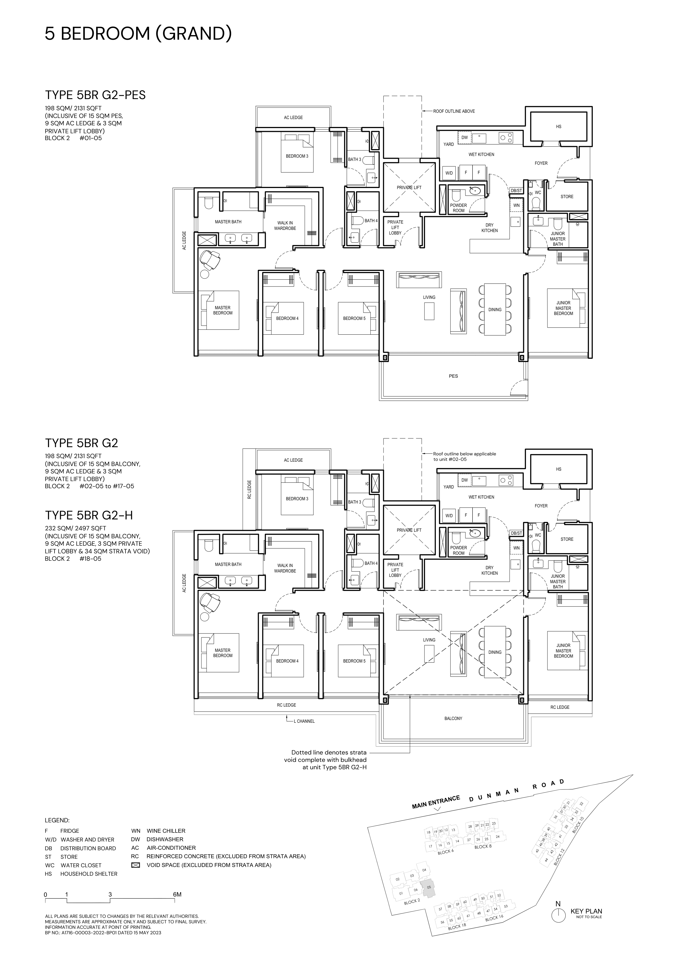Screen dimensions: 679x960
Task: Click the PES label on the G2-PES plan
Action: pos(453,376)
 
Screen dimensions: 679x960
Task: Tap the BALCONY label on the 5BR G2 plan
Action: pos(453,718)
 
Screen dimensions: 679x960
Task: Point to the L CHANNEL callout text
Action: pos(304,721)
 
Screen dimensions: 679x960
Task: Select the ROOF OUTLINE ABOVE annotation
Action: pos(454,111)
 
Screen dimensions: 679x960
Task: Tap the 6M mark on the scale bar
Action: pos(177,895)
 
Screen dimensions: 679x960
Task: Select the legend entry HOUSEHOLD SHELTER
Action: pos(89,874)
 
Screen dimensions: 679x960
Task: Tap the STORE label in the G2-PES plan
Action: pos(567,196)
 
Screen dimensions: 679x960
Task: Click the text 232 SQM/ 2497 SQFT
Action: pos(75,528)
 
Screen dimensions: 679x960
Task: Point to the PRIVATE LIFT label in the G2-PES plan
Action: pos(409,188)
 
